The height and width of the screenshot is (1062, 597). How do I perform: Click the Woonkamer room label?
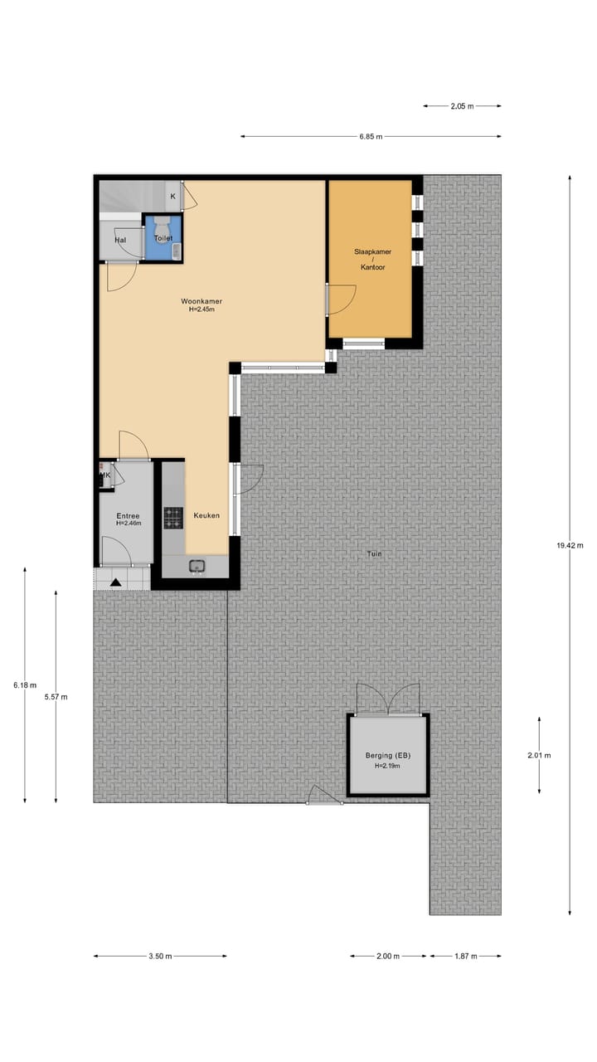click(x=202, y=301)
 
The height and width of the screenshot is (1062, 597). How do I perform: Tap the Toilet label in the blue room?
click(x=163, y=238)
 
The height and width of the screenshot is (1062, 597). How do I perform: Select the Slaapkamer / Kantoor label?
click(x=372, y=259)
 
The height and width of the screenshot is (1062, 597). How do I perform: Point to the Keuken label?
click(x=206, y=515)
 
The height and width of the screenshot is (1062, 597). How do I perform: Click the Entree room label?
click(x=127, y=515)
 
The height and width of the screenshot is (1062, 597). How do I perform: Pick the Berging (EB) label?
click(x=388, y=756)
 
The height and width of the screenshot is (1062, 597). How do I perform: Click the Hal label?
click(x=120, y=241)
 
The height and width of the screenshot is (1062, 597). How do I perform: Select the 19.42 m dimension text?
click(x=570, y=545)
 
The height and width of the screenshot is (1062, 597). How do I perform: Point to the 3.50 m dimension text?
click(x=160, y=956)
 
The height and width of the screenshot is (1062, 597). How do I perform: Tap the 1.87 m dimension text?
click(x=465, y=956)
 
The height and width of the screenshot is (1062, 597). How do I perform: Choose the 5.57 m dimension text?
click(x=56, y=697)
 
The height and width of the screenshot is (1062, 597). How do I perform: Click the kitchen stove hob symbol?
click(x=173, y=518)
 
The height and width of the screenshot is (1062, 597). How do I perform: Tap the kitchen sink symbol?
click(x=197, y=567)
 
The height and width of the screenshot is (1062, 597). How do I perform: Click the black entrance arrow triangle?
click(x=115, y=582)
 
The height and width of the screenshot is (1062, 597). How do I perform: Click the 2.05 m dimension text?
click(x=462, y=106)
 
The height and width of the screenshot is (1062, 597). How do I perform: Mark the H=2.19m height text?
click(x=388, y=766)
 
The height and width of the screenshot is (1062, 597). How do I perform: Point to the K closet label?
click(x=172, y=197)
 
